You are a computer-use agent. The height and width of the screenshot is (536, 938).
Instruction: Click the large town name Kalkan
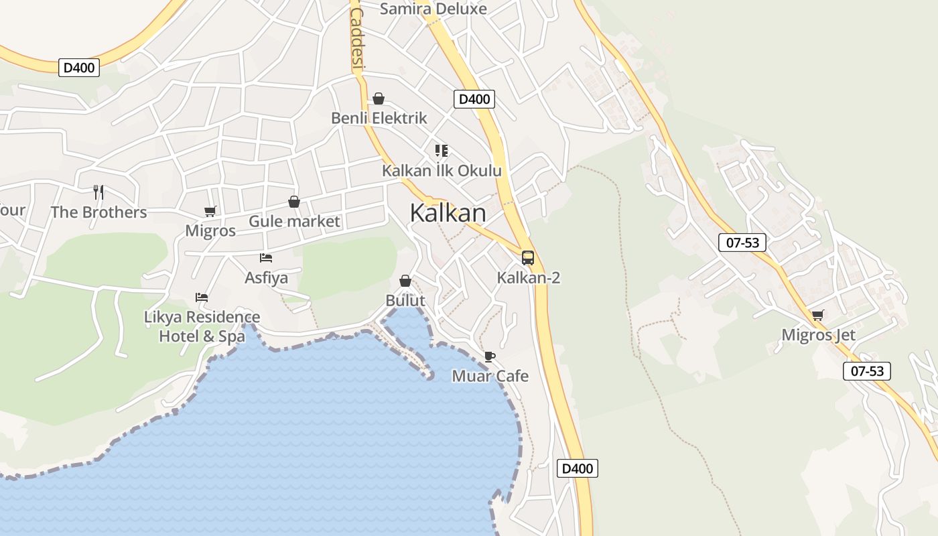(x=448, y=213)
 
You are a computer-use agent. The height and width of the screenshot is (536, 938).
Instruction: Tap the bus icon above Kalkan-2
(x=528, y=258)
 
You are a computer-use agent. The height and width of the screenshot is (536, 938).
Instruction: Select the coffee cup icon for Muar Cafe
(x=490, y=356)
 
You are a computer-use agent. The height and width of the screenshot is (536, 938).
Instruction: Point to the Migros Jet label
(x=818, y=334)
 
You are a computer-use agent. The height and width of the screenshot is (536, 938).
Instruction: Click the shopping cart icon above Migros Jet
(x=817, y=315)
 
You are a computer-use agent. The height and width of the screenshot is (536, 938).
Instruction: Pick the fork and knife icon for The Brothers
(x=98, y=192)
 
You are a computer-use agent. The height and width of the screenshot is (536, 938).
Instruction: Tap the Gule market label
(x=294, y=221)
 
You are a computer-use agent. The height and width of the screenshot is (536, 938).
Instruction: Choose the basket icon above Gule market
(x=293, y=202)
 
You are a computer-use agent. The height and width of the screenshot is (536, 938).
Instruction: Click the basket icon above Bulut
(x=405, y=281)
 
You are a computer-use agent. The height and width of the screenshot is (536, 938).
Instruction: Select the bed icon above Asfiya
(x=266, y=258)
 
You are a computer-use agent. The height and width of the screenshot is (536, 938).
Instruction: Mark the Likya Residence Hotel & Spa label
(x=202, y=326)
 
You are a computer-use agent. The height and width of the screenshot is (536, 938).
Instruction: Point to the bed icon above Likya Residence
(x=202, y=297)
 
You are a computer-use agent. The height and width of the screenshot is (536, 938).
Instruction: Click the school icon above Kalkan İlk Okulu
(x=441, y=151)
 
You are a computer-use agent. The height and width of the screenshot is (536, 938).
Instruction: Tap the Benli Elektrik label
(x=379, y=118)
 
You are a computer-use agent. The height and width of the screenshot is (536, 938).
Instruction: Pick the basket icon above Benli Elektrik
(x=379, y=99)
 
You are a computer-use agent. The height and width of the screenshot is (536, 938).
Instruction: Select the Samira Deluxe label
(x=433, y=9)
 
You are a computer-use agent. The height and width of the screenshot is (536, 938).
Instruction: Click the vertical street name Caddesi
(x=356, y=39)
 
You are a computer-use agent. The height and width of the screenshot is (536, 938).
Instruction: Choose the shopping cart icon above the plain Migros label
(x=210, y=212)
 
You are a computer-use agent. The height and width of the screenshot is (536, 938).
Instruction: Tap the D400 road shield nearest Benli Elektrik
(x=474, y=99)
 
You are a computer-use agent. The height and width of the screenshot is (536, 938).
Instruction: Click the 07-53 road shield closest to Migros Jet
(x=867, y=371)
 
